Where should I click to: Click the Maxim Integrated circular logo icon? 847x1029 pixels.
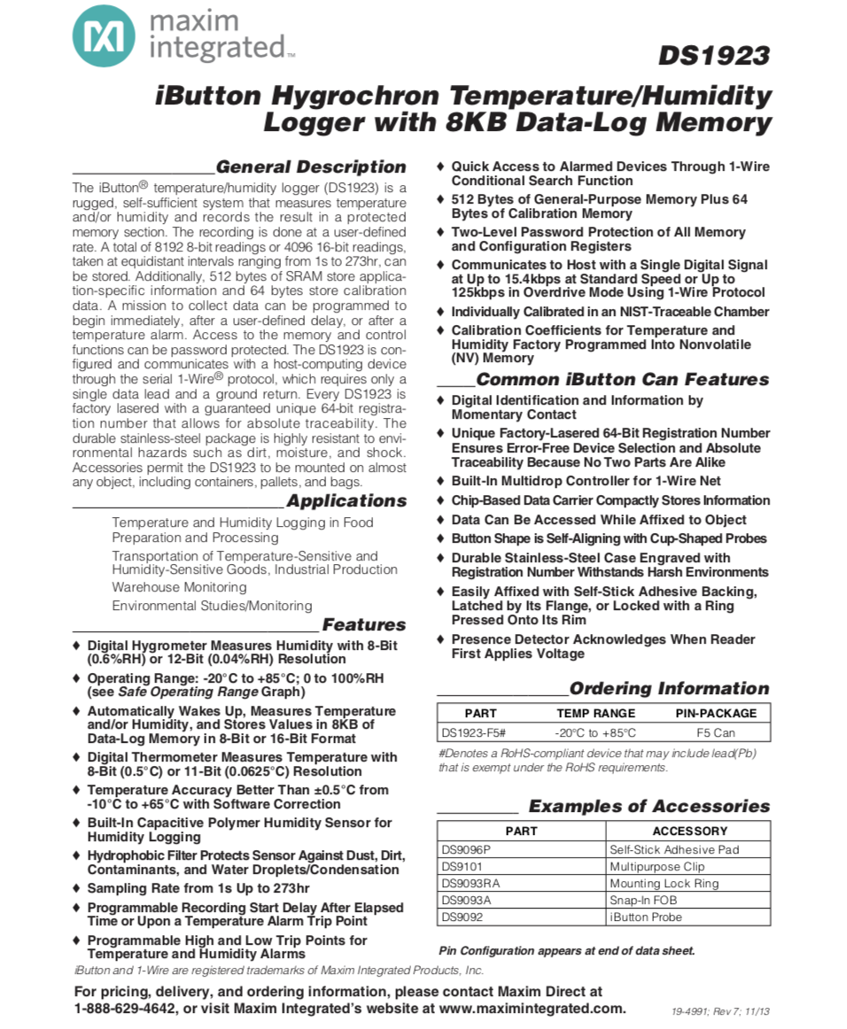click(x=104, y=35)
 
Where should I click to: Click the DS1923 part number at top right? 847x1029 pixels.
click(x=713, y=56)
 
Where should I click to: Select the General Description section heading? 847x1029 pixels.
click(x=311, y=166)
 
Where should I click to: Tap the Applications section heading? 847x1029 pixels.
click(x=346, y=500)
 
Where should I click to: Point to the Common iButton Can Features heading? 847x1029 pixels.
click(x=622, y=379)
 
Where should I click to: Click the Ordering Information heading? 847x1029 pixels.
click(x=669, y=688)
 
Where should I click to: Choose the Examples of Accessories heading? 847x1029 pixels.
click(x=649, y=806)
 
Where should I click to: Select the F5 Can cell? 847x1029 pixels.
click(x=716, y=733)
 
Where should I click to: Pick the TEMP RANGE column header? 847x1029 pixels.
click(x=595, y=713)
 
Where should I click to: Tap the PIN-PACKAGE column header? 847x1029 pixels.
click(x=716, y=713)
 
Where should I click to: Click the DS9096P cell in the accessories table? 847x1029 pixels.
click(x=466, y=849)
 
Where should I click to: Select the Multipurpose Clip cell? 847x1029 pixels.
click(x=657, y=866)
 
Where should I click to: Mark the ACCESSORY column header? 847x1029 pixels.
click(x=689, y=831)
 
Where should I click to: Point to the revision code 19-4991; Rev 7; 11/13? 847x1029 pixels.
click(x=719, y=1011)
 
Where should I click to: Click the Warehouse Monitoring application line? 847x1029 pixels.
click(x=179, y=587)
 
